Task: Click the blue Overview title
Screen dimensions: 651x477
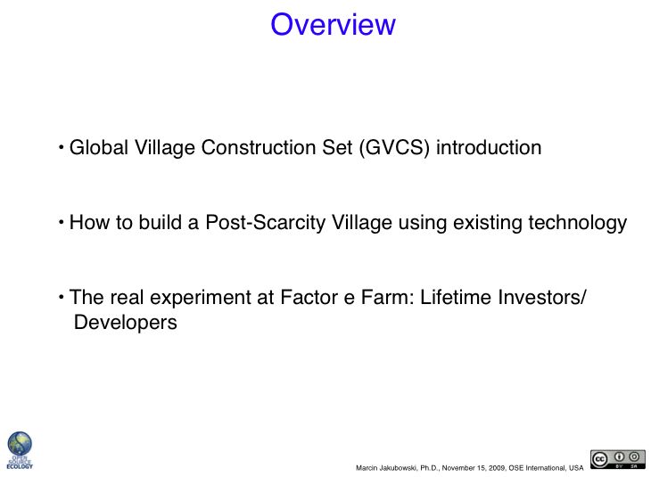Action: [333, 24]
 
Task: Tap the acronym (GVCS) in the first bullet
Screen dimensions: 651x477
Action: [394, 148]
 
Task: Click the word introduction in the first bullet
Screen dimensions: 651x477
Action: [489, 147]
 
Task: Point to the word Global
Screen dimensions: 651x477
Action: [99, 147]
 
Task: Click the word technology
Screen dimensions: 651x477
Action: [578, 223]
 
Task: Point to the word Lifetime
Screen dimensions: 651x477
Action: [456, 297]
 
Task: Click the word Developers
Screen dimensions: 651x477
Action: [126, 323]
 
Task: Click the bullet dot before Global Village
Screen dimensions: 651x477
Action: [62, 147]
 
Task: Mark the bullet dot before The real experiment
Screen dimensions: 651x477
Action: [62, 297]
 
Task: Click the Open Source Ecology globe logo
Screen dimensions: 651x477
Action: [20, 450]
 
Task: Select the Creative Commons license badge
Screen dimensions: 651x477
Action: [618, 459]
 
